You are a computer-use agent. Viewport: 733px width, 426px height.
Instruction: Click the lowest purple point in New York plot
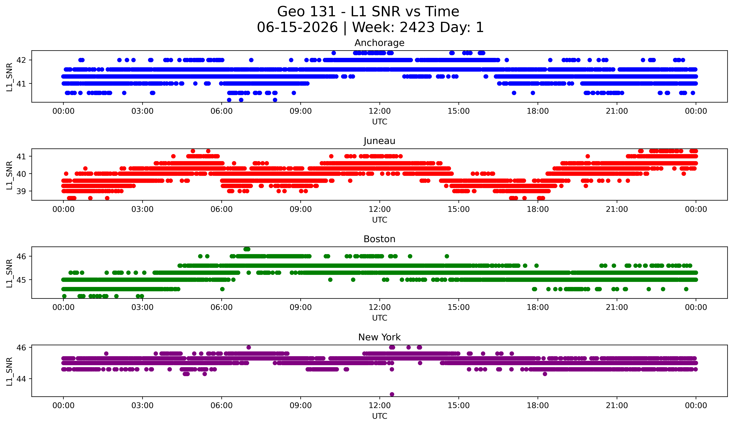pyautogui.click(x=392, y=394)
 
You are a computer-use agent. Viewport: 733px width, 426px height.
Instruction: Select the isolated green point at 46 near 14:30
pyautogui.click(x=447, y=256)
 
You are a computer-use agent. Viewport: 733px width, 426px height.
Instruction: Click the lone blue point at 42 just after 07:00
pyautogui.click(x=251, y=60)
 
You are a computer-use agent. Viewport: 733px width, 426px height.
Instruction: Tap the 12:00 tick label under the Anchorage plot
pyautogui.click(x=380, y=111)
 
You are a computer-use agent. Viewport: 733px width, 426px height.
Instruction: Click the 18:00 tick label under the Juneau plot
pyautogui.click(x=538, y=209)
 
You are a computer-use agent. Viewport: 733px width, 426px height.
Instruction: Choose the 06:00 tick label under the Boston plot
pyautogui.click(x=222, y=307)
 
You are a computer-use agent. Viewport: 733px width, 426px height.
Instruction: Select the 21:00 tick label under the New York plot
pyautogui.click(x=617, y=406)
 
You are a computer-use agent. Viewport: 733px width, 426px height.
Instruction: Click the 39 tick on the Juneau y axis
pyautogui.click(x=21, y=191)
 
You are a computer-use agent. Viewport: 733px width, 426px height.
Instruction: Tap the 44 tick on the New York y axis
pyautogui.click(x=21, y=379)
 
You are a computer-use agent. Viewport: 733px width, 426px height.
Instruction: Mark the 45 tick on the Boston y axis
pyautogui.click(x=21, y=280)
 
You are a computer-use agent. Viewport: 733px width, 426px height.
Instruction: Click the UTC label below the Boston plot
pyautogui.click(x=380, y=318)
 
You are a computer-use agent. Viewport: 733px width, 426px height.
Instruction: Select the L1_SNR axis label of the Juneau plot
pyautogui.click(x=9, y=175)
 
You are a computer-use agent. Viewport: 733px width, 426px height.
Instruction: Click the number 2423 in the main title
pyautogui.click(x=417, y=27)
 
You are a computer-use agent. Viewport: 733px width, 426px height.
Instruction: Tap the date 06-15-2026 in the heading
pyautogui.click(x=297, y=27)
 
